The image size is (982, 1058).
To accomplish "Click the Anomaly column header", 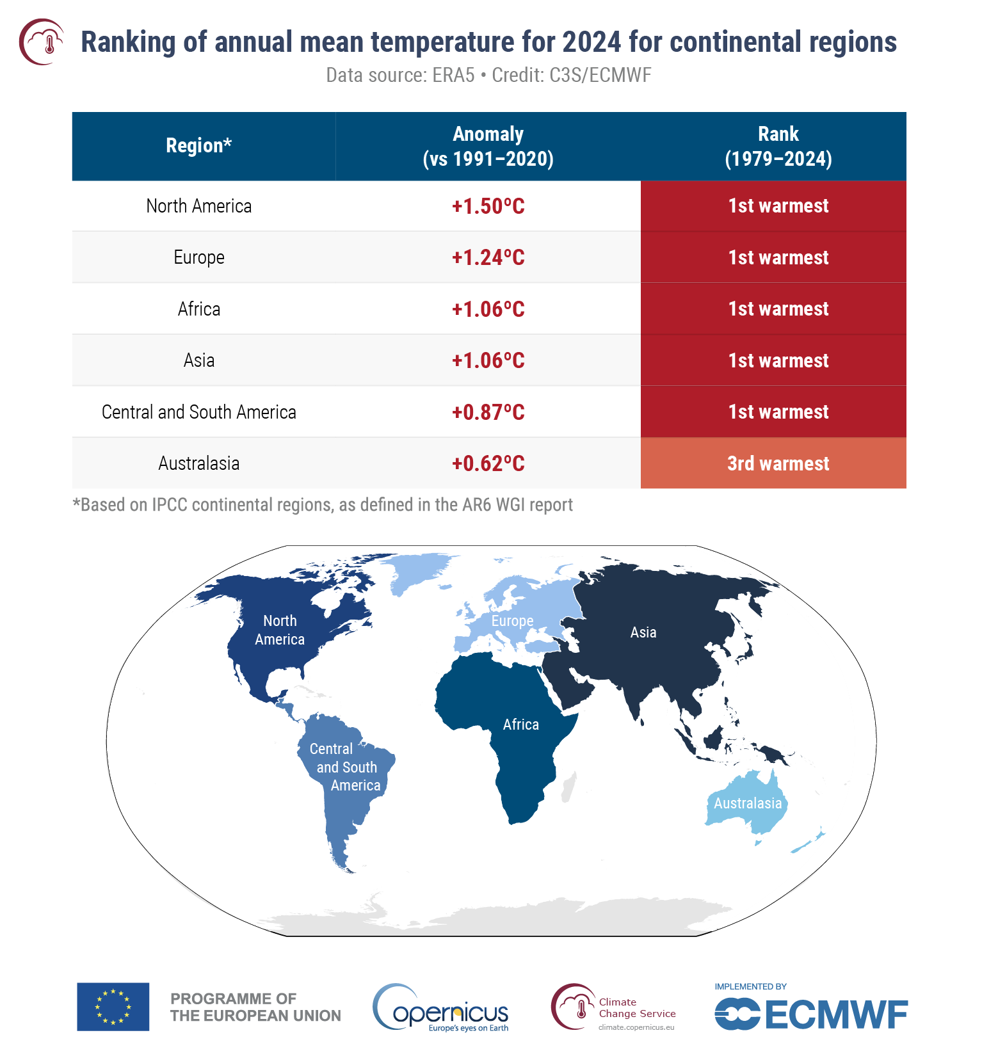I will point(488,146).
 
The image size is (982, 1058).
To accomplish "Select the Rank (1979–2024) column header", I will point(778,146).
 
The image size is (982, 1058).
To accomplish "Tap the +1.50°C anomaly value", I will point(488,206).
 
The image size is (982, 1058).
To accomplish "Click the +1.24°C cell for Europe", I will point(488,257).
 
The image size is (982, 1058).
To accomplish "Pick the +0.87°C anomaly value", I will point(488,412).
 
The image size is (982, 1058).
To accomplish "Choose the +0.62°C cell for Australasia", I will point(488,463).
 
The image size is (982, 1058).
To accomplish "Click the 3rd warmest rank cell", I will point(778,463).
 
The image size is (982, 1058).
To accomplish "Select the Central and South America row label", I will point(198,412).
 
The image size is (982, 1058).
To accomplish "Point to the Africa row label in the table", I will point(198,309).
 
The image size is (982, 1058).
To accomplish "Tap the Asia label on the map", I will point(643,632).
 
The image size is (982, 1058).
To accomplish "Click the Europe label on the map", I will point(512,621).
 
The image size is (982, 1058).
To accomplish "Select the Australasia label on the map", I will point(748,803).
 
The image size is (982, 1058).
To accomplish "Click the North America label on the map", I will point(280,630).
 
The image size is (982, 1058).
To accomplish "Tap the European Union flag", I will point(113,1006).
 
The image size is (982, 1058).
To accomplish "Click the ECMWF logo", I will point(810,1013).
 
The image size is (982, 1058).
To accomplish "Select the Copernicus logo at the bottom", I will point(442,1008).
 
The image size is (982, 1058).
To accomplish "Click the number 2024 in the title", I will point(592,42).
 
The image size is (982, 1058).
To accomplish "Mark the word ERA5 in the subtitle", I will point(453,76).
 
